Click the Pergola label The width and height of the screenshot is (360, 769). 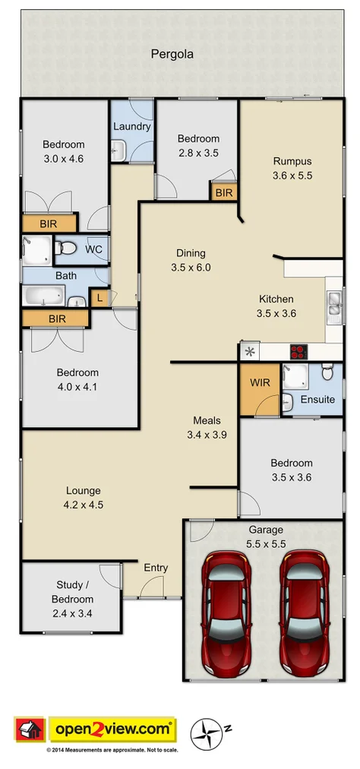[x=172, y=54]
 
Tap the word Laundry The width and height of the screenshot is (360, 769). [x=132, y=126]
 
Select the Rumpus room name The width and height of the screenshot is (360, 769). [x=292, y=161]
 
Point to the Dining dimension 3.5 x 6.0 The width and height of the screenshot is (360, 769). [x=191, y=267]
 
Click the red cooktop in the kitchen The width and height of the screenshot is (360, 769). [x=298, y=352]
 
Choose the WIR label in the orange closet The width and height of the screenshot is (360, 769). [x=258, y=382]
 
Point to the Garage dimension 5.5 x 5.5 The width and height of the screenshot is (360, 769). [x=266, y=544]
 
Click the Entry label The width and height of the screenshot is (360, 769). [x=156, y=568]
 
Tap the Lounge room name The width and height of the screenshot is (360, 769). [x=84, y=491]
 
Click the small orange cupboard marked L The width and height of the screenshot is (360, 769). [x=99, y=298]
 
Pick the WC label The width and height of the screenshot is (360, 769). [x=94, y=249]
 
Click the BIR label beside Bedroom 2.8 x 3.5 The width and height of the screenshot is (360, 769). [x=224, y=193]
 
